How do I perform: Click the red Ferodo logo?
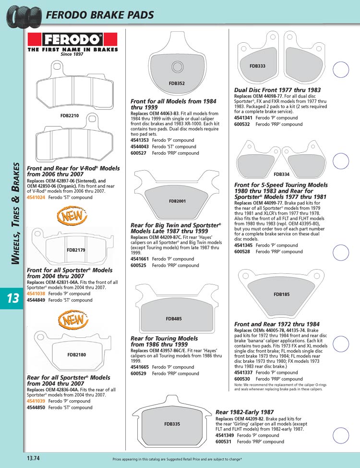[72, 39]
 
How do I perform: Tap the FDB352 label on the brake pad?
[177, 84]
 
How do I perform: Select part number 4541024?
[36, 197]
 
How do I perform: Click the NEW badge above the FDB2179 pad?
[72, 215]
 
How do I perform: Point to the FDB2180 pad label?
[76, 355]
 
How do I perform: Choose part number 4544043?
[140, 147]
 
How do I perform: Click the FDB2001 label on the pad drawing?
[177, 201]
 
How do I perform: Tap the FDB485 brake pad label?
[174, 319]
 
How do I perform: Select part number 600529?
[138, 373]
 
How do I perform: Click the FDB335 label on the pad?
[172, 424]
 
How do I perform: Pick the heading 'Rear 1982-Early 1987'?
[245, 412]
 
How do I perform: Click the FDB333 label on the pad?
[257, 66]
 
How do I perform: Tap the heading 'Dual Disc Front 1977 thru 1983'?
[277, 90]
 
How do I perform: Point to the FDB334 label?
[282, 174]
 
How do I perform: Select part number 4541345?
[243, 246]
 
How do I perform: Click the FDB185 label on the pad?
[282, 294]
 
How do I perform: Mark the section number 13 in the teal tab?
[13, 298]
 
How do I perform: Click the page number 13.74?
[33, 458]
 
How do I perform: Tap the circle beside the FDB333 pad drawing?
[341, 70]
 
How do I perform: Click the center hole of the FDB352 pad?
[177, 67]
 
